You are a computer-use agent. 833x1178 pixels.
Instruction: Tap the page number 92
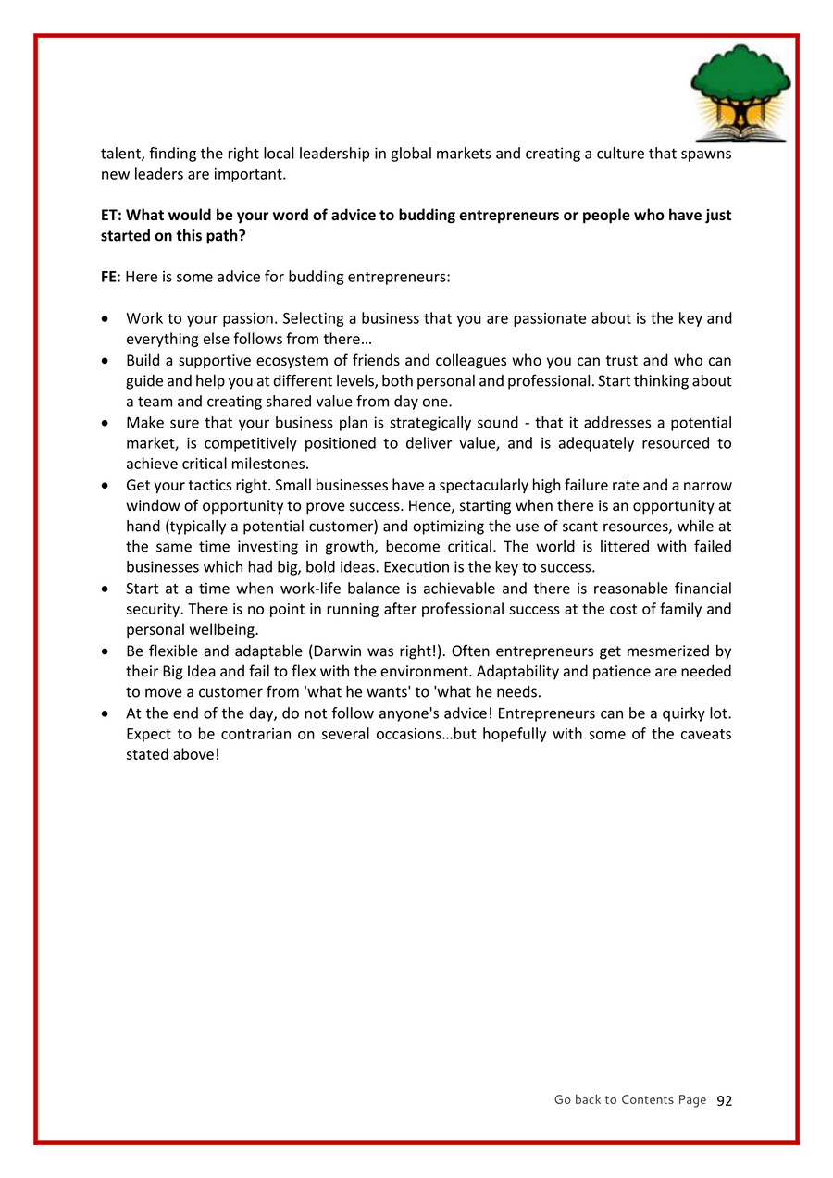[x=724, y=1100]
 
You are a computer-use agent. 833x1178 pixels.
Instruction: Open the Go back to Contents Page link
[x=629, y=1099]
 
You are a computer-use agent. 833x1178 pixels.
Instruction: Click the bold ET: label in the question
[x=111, y=215]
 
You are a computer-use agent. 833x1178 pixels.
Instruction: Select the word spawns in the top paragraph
[x=705, y=154]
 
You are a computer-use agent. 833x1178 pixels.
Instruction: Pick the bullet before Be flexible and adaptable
[x=106, y=651]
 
